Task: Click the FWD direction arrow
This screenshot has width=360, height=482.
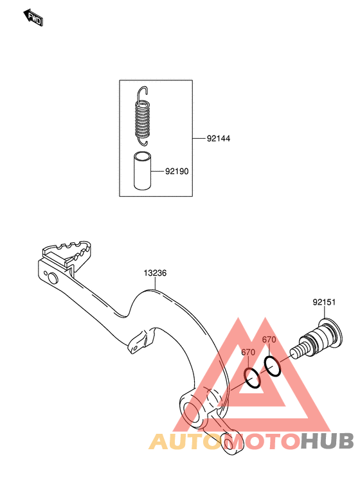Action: click(x=33, y=17)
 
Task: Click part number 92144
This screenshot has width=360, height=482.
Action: click(x=219, y=139)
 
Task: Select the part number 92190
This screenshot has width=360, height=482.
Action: click(x=177, y=171)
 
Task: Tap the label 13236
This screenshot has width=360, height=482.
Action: click(x=156, y=273)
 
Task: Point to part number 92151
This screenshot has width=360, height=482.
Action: click(x=324, y=302)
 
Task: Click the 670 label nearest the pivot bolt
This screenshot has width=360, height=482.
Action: click(x=269, y=340)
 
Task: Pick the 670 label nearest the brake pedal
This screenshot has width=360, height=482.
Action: click(x=248, y=352)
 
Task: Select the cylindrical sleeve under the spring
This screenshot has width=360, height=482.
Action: click(x=142, y=170)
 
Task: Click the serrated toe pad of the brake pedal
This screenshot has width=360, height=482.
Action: click(x=67, y=254)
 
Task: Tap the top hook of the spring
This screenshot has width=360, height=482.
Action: click(x=143, y=92)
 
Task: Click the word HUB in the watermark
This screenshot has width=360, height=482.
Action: click(x=327, y=441)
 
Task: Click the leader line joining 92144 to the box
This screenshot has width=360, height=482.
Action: click(x=199, y=139)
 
